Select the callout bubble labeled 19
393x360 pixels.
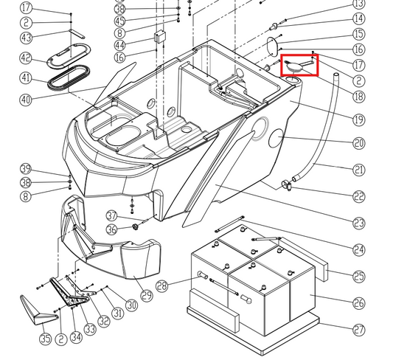[359, 120]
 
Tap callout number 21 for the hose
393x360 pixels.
[359, 170]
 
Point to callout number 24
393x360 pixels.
[359, 249]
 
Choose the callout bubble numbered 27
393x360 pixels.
[359, 330]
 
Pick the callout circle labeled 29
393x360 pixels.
[146, 296]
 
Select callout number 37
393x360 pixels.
[112, 215]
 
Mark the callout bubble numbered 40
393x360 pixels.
[27, 100]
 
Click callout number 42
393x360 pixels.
[27, 58]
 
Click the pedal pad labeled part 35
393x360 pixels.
[35, 308]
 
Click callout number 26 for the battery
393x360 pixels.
[359, 302]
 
